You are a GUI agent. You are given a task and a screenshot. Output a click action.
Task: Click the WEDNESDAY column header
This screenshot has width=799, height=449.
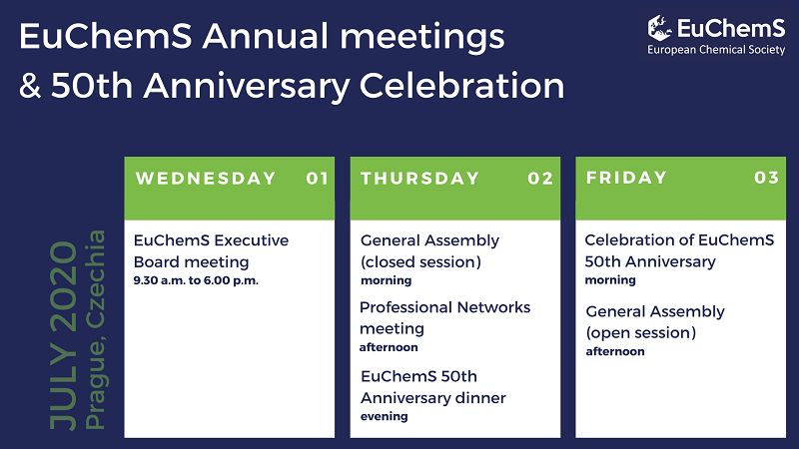click(x=206, y=179)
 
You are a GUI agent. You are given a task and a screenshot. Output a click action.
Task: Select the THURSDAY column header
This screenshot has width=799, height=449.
click(x=419, y=179)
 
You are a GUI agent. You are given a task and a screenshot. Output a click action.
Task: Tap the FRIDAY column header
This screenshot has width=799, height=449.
click(x=626, y=179)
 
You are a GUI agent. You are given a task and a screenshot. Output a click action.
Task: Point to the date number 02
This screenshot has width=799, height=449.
click(x=540, y=179)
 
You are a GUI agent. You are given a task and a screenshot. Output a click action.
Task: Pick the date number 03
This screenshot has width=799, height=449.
click(x=766, y=179)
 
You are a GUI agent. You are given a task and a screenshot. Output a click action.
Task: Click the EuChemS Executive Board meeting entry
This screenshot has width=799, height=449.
click(x=211, y=250)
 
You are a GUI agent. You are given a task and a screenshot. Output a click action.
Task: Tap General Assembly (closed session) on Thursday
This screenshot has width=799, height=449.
click(x=429, y=250)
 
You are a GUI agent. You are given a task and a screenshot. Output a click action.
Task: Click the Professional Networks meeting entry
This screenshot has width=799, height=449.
click(x=444, y=317)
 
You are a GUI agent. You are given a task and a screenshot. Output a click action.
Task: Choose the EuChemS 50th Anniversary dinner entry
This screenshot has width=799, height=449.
click(x=432, y=387)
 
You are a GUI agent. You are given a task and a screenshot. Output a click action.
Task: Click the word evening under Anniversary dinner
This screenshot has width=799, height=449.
click(x=384, y=416)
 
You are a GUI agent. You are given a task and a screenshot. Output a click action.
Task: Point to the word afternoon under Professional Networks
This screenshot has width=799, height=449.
click(x=389, y=347)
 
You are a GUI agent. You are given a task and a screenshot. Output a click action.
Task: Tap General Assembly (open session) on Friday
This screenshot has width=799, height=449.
click(x=654, y=321)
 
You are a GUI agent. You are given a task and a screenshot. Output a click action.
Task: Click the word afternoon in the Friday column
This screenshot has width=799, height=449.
click(x=615, y=351)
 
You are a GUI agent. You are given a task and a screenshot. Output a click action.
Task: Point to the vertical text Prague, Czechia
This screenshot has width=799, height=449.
click(x=96, y=330)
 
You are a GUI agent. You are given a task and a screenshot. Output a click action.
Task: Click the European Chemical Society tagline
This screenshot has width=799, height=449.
click(x=715, y=49)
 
